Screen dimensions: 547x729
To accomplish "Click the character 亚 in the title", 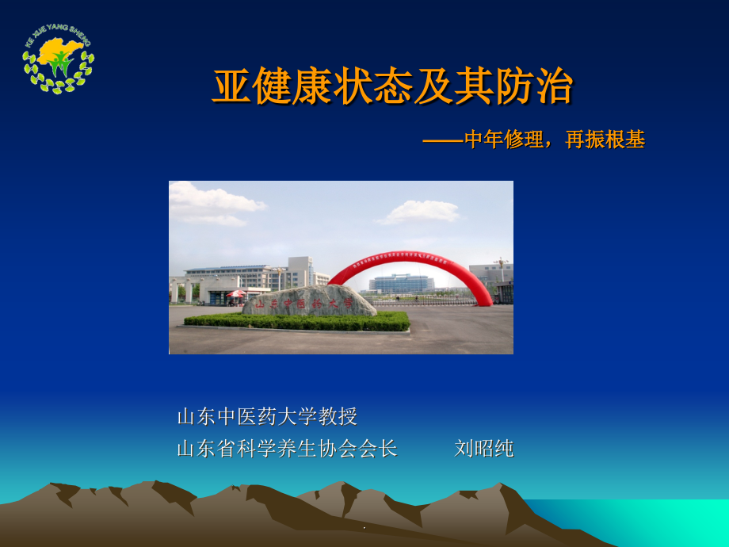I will pos(231,88).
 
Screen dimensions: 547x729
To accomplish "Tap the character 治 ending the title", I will pos(552,88).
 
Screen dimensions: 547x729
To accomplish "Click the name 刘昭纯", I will pos(484,449).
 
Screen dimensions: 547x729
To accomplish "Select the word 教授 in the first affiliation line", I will pos(338,416).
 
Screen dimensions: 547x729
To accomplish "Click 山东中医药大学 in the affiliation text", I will pos(246,416).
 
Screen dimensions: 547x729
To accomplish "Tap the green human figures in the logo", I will pos(59,66).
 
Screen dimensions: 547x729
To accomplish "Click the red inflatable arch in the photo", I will pos(411,265).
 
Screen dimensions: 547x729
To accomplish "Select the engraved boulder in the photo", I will pos(310,301).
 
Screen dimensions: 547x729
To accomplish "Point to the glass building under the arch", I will pos(401,283).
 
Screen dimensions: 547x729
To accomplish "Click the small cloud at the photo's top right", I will pos(420,211).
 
